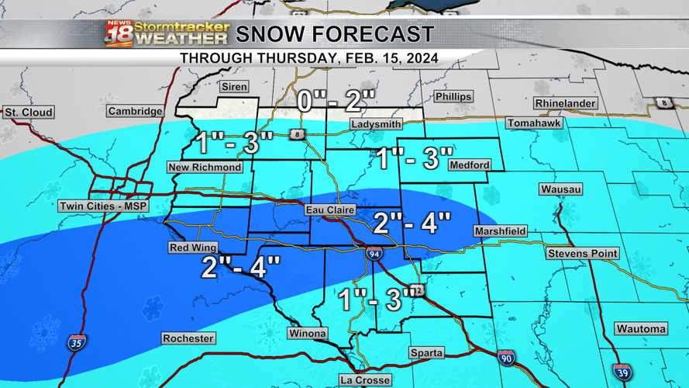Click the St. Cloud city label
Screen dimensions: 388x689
29,113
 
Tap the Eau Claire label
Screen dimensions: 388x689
330,210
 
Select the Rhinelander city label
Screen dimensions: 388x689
565,103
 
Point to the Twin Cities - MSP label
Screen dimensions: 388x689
103,206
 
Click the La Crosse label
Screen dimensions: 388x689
365,380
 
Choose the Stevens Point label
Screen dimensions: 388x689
582,254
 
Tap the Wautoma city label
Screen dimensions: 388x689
641,329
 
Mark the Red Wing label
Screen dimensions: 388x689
193,248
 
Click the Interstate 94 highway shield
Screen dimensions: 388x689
374,253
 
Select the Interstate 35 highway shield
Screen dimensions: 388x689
76,342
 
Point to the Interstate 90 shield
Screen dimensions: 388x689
506,358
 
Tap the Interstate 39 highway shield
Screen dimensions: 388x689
622,372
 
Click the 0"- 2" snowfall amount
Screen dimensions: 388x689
337,101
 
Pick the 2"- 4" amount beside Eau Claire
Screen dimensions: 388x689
412,223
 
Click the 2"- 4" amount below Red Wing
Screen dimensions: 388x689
240,268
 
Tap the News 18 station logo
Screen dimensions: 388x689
119,34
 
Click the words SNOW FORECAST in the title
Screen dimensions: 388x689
335,35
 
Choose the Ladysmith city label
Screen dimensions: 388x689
376,124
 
